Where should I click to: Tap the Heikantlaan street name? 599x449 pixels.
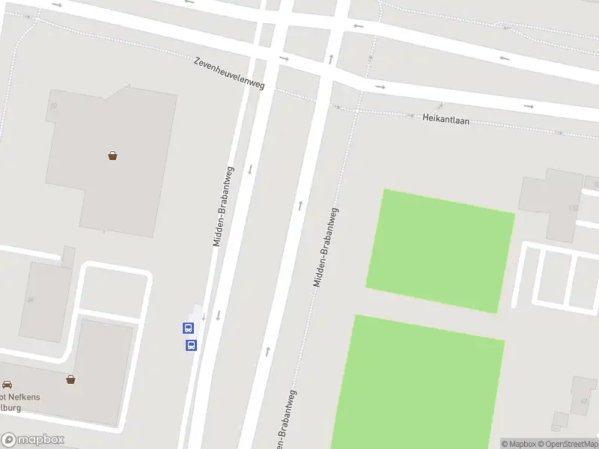pyautogui.click(x=446, y=118)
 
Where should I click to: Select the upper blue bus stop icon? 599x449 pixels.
pyautogui.click(x=188, y=328)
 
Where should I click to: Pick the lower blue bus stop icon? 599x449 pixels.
pyautogui.click(x=191, y=345)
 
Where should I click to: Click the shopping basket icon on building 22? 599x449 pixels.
pyautogui.click(x=112, y=156)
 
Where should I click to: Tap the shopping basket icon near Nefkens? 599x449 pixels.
pyautogui.click(x=70, y=379)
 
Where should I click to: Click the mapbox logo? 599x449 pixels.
pyautogui.click(x=34, y=440)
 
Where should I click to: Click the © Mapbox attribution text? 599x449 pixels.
pyautogui.click(x=517, y=444)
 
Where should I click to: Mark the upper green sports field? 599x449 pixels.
pyautogui.click(x=441, y=251)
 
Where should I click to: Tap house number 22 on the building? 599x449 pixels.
pyautogui.click(x=53, y=106)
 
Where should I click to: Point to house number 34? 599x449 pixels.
pyautogui.click(x=30, y=299)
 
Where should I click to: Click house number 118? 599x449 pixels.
pyautogui.click(x=574, y=208)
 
